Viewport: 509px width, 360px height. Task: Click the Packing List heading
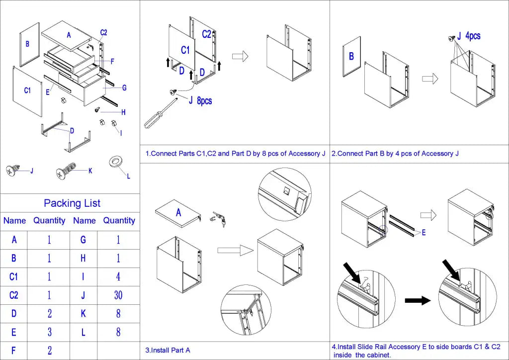pyautogui.click(x=72, y=203)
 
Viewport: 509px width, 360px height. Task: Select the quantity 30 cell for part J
pyautogui.click(x=118, y=295)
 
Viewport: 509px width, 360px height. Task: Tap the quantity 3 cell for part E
pyautogui.click(x=49, y=332)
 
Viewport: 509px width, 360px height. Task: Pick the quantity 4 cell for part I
pyautogui.click(x=118, y=276)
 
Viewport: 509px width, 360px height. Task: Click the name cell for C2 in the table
pyautogui.click(x=14, y=295)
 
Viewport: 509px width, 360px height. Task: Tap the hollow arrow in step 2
pyautogui.click(x=429, y=79)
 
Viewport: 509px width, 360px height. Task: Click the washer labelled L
pyautogui.click(x=116, y=162)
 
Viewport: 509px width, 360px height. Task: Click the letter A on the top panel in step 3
pyautogui.click(x=178, y=213)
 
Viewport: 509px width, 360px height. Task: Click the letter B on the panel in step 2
pyautogui.click(x=351, y=56)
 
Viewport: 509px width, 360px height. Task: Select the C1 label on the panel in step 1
pyautogui.click(x=185, y=50)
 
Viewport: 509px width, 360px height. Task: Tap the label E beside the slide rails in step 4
pyautogui.click(x=424, y=232)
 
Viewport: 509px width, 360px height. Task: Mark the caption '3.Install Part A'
pyautogui.click(x=168, y=350)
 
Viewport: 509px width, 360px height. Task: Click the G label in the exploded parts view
pyautogui.click(x=124, y=88)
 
